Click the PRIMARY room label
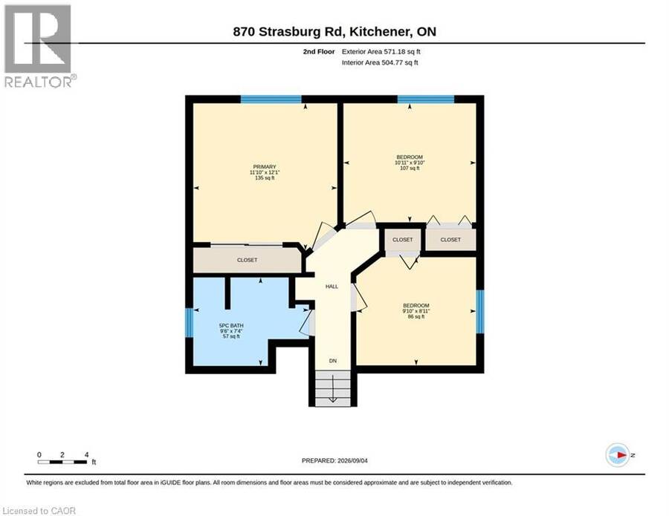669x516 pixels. coord(265,166)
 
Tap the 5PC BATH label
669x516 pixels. coord(231,325)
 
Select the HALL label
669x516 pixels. coord(332,287)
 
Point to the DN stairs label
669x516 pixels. coord(333,361)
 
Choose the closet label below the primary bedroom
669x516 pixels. coord(247,260)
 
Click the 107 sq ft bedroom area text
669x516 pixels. coord(410,169)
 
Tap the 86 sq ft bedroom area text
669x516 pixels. coord(416,316)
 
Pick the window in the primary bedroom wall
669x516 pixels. coord(271,99)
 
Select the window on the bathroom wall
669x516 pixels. coord(189,322)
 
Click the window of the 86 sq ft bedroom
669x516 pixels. coord(480,312)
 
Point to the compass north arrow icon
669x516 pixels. coord(618,455)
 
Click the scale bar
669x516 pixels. coord(62,462)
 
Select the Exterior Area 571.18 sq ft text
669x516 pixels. coord(381,51)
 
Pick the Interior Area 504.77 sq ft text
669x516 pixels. coord(380,62)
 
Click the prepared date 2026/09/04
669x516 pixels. coord(352,460)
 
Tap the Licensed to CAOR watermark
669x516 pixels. coord(39,511)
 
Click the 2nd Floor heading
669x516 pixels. coord(319,51)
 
